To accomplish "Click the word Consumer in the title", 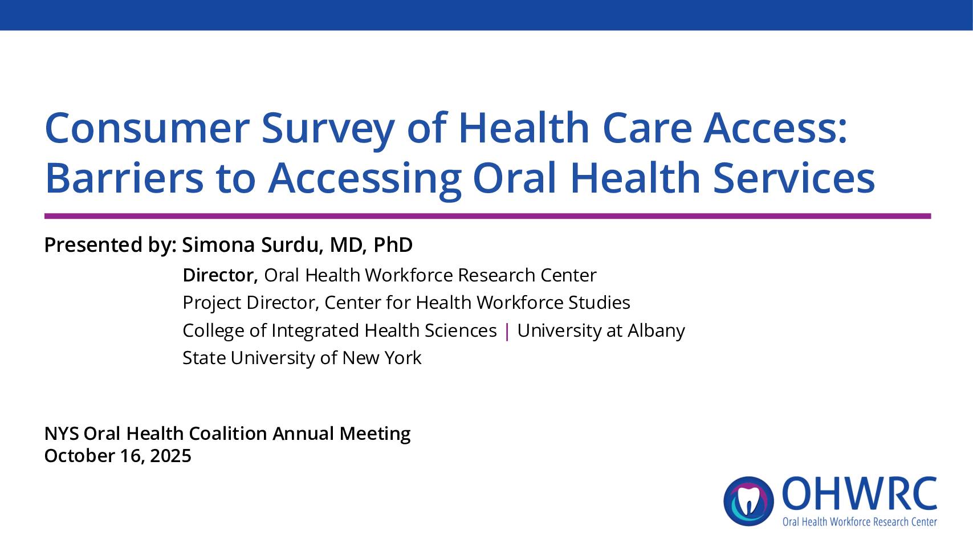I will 147,128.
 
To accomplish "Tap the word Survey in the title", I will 327,128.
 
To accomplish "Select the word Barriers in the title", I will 124,178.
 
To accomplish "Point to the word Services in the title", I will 793,178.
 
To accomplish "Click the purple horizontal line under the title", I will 487,216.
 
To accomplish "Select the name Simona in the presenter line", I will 218,245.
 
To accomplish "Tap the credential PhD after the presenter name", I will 393,245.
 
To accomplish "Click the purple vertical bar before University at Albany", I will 507,331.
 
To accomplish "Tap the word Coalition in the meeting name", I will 227,434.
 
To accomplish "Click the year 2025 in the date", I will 170,456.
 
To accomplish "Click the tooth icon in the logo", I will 748,501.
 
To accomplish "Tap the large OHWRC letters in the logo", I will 859,495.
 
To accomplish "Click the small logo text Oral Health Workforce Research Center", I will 859,522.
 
